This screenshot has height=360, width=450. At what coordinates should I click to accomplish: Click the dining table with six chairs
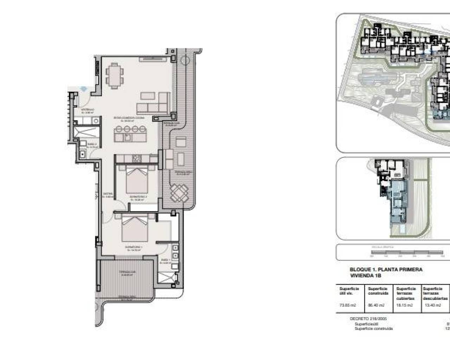tap(115, 76)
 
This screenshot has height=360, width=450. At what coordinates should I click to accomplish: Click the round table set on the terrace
tap(178, 193)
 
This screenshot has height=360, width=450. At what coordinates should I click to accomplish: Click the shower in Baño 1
tap(167, 277)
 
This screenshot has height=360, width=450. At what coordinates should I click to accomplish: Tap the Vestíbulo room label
tap(87, 111)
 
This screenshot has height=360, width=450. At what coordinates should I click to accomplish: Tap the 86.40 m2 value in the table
tap(375, 305)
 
